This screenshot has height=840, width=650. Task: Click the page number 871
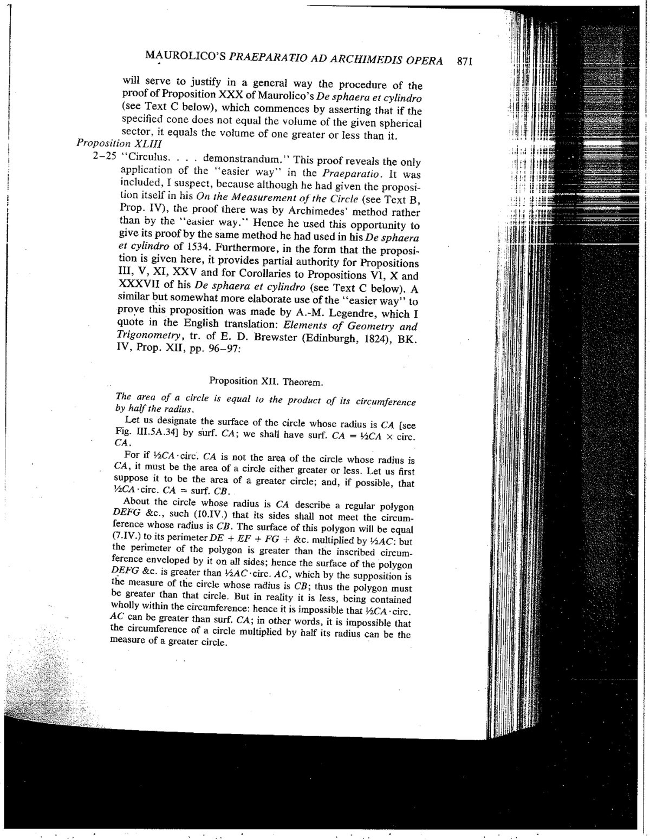(465, 61)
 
